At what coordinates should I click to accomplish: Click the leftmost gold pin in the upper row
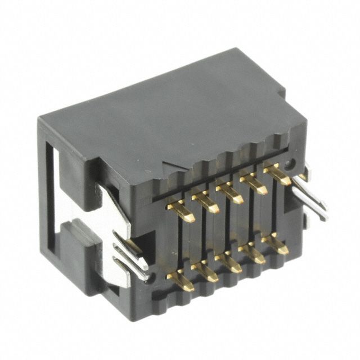[x=181, y=212]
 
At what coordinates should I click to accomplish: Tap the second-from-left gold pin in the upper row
[x=205, y=202]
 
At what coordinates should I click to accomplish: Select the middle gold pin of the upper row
[x=229, y=192]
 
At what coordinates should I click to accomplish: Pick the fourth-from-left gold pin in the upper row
[x=254, y=183]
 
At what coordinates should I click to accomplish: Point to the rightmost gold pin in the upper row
[x=277, y=174]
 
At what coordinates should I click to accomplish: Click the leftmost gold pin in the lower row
[x=181, y=280]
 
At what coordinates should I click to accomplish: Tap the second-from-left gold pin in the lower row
[x=205, y=271]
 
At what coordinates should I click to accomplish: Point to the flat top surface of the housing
[x=169, y=107]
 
